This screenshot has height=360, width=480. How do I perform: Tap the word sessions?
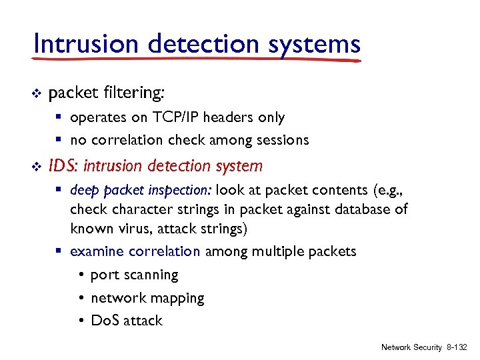(x=283, y=140)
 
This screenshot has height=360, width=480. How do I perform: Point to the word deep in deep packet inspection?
(x=84, y=189)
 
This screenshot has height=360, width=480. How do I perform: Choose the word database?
(x=360, y=209)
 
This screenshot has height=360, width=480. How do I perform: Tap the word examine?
(x=97, y=252)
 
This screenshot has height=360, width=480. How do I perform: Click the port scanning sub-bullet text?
(x=134, y=275)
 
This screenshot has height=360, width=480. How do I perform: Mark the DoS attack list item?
(x=126, y=321)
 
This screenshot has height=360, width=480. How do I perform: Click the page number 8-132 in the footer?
(x=457, y=347)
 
